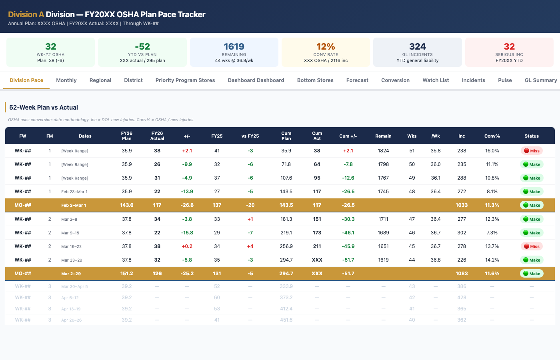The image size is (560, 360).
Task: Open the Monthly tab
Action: pos(66,80)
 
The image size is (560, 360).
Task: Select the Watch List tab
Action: pos(436,80)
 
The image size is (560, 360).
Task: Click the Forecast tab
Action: pos(357,80)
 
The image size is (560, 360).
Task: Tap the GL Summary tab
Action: pos(540,80)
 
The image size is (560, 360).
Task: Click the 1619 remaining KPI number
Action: pos(234,46)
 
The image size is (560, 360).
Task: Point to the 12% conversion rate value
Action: pos(326,46)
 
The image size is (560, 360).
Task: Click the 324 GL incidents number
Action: pos(417,46)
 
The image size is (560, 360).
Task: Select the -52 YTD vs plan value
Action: pos(142,46)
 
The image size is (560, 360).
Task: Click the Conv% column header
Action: pos(492,136)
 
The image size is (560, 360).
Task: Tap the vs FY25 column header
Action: pos(250,136)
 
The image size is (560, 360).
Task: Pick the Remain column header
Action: pos(383,136)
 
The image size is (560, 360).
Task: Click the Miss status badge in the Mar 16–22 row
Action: pos(532,246)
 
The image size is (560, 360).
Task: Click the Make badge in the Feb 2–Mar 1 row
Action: pos(532,205)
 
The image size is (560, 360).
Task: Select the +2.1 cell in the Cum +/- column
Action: pos(348,151)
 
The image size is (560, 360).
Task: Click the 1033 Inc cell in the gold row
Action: pos(462,205)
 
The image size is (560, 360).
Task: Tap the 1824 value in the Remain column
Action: pos(383,151)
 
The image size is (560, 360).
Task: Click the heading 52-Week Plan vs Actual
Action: pos(44,107)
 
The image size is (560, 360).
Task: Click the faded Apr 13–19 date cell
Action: pos(71,309)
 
